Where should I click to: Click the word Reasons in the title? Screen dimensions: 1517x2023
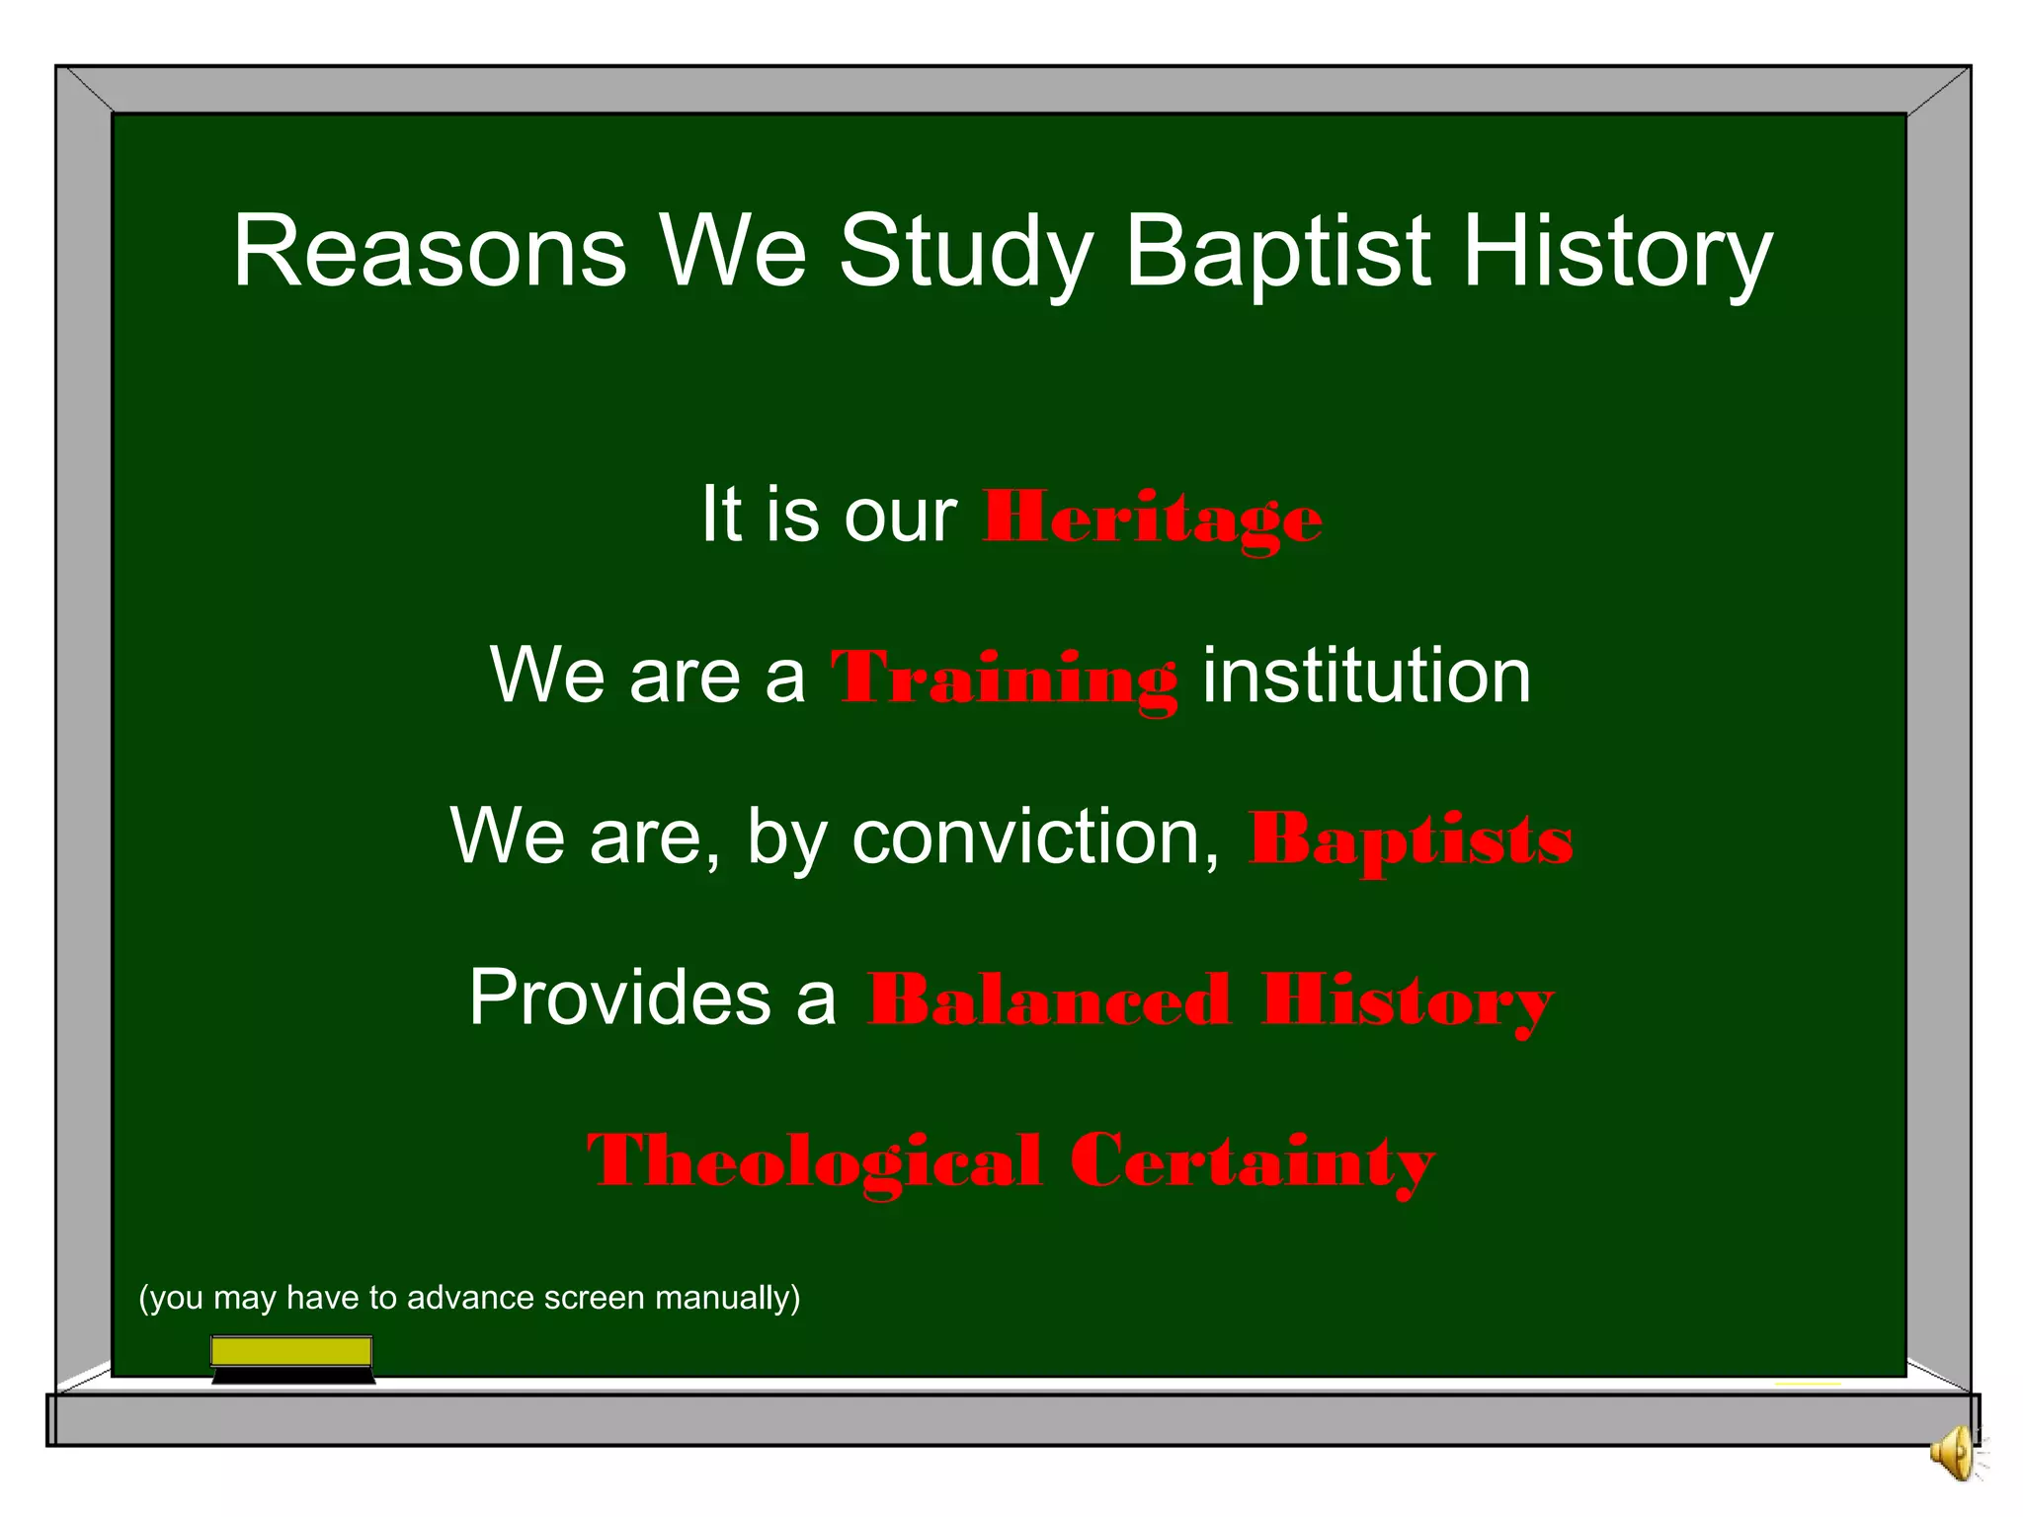[x=430, y=252]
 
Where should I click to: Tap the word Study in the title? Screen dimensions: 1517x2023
[x=966, y=252]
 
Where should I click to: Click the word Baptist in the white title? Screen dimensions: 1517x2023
[x=1278, y=252]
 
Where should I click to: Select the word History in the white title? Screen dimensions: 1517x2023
[x=1617, y=252]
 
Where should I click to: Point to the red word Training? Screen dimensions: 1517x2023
[x=1004, y=679]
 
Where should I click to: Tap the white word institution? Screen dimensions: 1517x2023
[x=1366, y=677]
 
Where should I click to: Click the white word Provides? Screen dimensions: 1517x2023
[x=620, y=998]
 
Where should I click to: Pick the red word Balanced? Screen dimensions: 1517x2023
[x=1049, y=1000]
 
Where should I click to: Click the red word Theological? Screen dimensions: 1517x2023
[x=814, y=1161]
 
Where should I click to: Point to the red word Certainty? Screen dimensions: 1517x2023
[x=1252, y=1161]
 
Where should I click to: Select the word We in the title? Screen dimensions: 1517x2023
[x=733, y=252]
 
